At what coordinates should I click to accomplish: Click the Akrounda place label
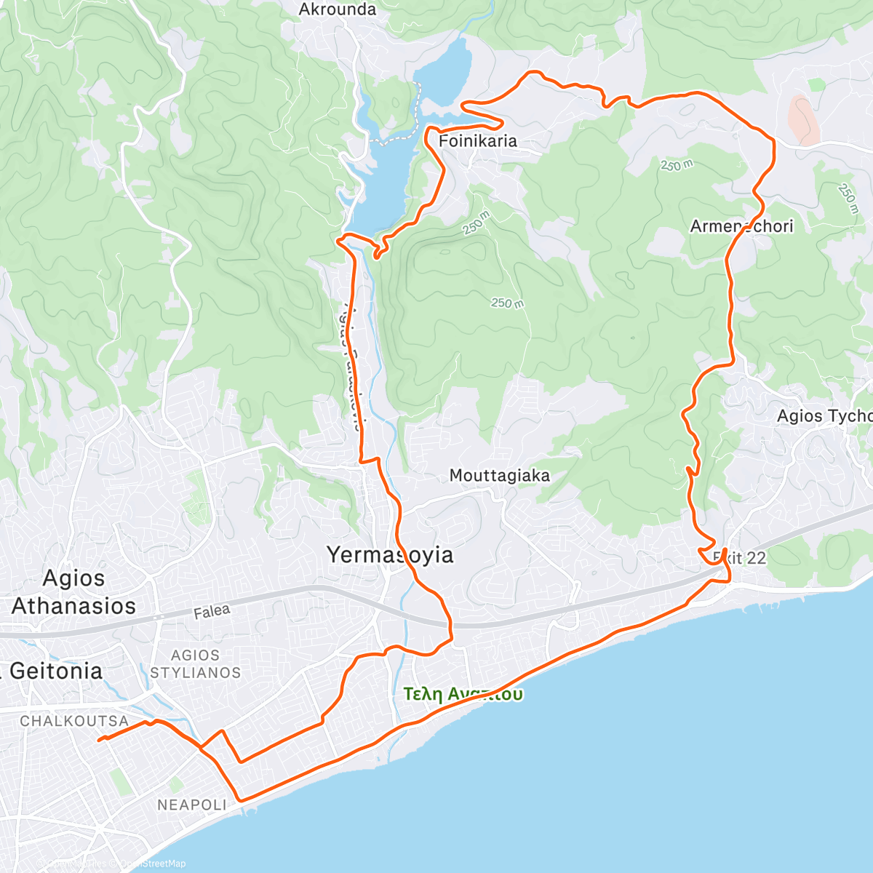click(338, 9)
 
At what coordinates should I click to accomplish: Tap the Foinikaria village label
click(478, 141)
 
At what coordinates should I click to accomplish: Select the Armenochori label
click(741, 226)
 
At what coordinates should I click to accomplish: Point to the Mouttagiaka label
click(499, 476)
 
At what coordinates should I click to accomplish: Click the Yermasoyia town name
click(390, 555)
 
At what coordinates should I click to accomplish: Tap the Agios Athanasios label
click(73, 592)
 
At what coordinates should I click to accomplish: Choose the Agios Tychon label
click(824, 416)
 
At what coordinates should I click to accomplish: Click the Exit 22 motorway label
click(739, 558)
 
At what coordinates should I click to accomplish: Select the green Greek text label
click(463, 694)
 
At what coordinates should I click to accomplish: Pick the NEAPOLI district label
click(192, 805)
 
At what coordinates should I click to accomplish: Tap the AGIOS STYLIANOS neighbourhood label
click(195, 664)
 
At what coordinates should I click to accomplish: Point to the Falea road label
click(212, 612)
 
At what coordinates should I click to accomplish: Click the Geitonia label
click(55, 671)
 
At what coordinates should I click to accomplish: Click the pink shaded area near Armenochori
click(804, 119)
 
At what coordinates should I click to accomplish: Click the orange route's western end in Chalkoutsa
click(100, 740)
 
